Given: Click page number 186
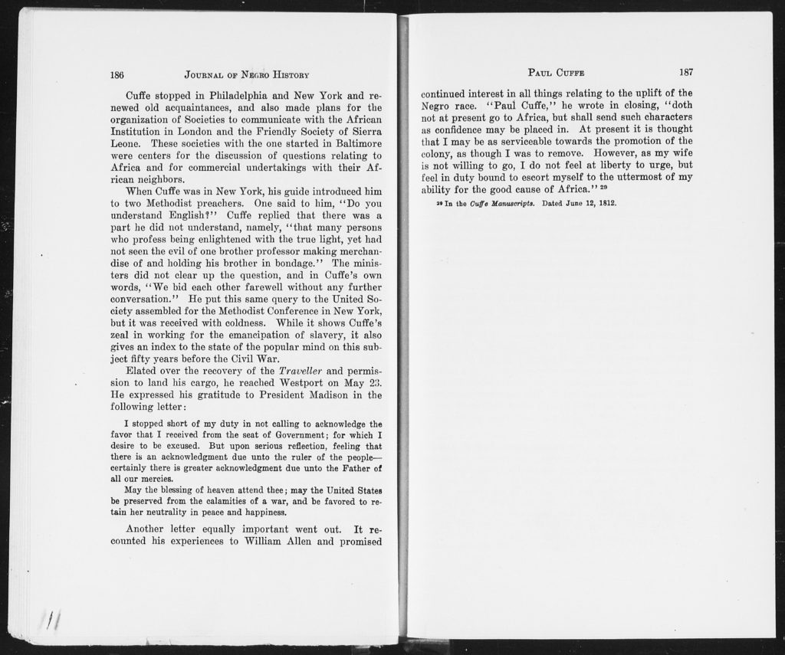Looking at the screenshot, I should pos(117,75).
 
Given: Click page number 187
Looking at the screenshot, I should pos(686,72).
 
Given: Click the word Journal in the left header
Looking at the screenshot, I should pos(203,75).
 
